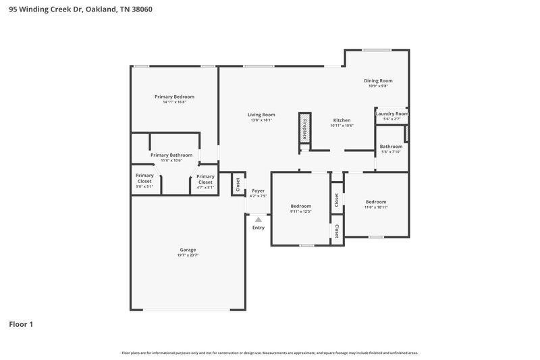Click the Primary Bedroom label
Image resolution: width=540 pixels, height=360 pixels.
click(x=174, y=97)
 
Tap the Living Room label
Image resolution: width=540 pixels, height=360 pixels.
click(x=261, y=115)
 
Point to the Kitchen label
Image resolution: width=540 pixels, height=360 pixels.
click(x=342, y=120)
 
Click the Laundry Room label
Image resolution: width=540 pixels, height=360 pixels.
click(x=392, y=114)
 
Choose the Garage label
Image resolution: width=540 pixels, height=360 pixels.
click(x=188, y=250)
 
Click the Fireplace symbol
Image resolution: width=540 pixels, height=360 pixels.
click(x=304, y=129)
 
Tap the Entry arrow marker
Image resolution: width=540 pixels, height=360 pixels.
click(x=258, y=219)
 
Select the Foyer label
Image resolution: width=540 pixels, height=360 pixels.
click(x=258, y=191)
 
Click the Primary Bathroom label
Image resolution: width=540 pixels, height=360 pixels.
click(x=171, y=155)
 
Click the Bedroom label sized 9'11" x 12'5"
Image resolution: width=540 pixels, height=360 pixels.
click(x=301, y=206)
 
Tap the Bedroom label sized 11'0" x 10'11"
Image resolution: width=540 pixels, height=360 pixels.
click(x=376, y=202)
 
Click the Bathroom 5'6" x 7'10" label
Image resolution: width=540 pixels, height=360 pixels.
click(x=391, y=147)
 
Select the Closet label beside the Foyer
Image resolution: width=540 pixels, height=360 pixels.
click(x=238, y=184)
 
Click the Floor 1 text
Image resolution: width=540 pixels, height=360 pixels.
click(x=20, y=324)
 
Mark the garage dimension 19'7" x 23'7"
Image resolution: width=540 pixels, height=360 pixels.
click(x=188, y=255)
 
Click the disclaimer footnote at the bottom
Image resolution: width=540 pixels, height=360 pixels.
click(x=269, y=353)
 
